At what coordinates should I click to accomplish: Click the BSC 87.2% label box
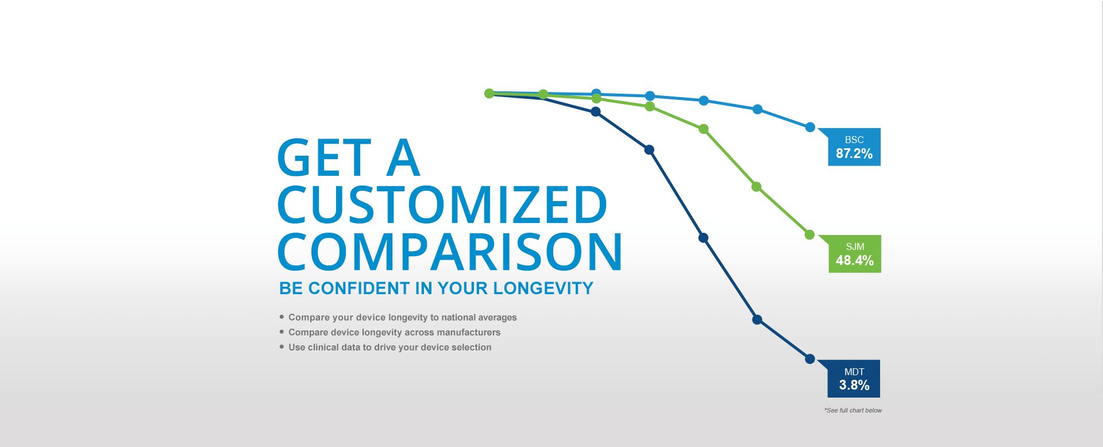(x=854, y=147)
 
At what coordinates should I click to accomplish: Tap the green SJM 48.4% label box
(x=854, y=254)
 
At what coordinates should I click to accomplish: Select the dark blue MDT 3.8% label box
(x=854, y=379)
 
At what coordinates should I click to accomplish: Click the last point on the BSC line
(x=810, y=127)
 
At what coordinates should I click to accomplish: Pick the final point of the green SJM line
(x=809, y=234)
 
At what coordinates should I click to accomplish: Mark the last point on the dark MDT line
(x=810, y=359)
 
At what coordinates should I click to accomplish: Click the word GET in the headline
(x=325, y=157)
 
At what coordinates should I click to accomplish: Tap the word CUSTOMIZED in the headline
(x=442, y=205)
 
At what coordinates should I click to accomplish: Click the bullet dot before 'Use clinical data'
(x=281, y=346)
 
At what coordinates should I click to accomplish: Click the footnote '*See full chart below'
(x=853, y=410)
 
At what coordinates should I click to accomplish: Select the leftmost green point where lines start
(x=489, y=93)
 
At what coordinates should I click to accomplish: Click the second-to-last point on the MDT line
(x=757, y=319)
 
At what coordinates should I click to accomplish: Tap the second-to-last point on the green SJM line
(x=757, y=187)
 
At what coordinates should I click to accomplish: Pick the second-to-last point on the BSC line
(x=758, y=109)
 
